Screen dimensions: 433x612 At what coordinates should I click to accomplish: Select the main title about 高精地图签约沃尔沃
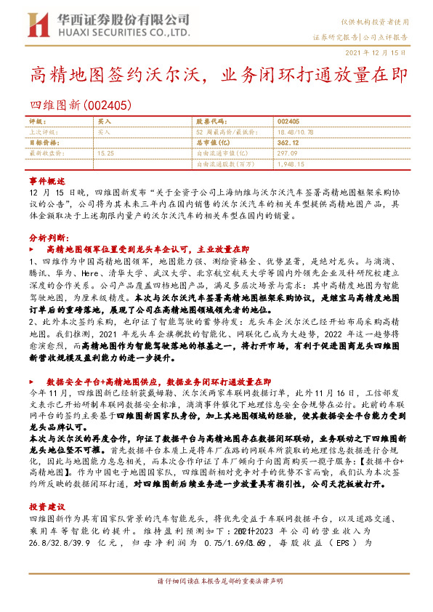pos(218,75)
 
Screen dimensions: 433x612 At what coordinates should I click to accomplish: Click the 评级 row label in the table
pos(36,122)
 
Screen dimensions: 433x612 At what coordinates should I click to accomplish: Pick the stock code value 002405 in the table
pos(288,122)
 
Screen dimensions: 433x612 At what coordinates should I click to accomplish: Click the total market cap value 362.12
pos(288,143)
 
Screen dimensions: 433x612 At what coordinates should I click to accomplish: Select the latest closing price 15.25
pos(105,153)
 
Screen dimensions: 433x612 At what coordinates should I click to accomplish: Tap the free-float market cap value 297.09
pos(288,153)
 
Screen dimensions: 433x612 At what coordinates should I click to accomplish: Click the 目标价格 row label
pos(41,143)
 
